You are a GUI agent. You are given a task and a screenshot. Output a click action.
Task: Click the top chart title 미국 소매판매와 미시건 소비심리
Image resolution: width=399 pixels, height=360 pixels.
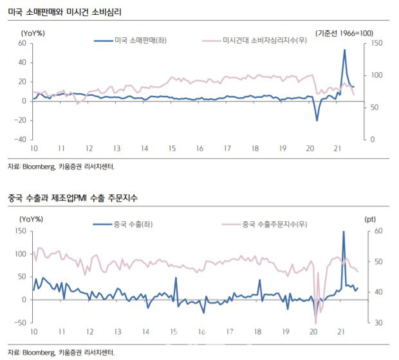(x=64, y=12)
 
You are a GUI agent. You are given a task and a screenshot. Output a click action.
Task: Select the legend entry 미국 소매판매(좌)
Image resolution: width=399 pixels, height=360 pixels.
(x=130, y=40)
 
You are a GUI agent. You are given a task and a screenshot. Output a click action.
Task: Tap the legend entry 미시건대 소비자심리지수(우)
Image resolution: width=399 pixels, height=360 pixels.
(x=254, y=40)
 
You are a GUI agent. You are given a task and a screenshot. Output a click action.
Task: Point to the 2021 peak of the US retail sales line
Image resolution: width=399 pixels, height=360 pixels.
(x=344, y=50)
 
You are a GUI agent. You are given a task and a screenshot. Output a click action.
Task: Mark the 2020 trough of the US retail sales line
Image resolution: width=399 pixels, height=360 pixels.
(x=317, y=120)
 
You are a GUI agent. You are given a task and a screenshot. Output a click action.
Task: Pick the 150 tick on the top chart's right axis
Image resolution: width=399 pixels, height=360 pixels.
(x=376, y=43)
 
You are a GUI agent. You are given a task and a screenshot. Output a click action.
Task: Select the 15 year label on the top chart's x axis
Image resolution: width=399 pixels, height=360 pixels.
(x=172, y=148)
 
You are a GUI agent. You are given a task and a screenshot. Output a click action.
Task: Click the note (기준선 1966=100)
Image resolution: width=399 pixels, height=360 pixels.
(x=344, y=33)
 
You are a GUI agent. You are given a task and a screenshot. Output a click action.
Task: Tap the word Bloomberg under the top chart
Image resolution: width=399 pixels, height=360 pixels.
(x=39, y=166)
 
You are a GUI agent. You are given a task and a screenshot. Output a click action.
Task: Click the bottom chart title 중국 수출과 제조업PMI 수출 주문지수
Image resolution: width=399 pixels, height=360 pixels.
(x=73, y=198)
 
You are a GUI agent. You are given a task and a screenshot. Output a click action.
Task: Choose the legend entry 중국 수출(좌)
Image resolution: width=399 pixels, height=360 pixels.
(x=123, y=224)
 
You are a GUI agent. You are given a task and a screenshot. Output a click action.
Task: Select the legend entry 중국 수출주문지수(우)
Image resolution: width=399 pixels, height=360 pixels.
(x=264, y=224)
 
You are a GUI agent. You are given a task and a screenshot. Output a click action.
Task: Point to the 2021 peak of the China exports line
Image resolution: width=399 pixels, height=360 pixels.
(x=344, y=231)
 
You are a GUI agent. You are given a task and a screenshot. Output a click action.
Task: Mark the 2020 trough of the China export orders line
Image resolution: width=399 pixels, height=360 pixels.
(x=315, y=323)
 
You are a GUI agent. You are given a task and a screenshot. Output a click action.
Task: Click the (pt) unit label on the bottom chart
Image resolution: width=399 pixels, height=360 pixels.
(x=370, y=219)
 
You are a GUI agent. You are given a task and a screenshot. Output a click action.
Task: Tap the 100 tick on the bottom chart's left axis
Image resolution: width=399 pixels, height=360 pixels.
(x=21, y=254)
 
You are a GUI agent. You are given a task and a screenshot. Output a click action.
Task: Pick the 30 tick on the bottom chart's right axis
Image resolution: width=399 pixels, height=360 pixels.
(x=378, y=323)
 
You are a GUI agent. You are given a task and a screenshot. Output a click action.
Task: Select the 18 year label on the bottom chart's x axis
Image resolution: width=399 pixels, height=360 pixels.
(x=258, y=332)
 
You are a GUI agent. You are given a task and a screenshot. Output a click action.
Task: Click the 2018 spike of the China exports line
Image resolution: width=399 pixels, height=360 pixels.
(x=260, y=280)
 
